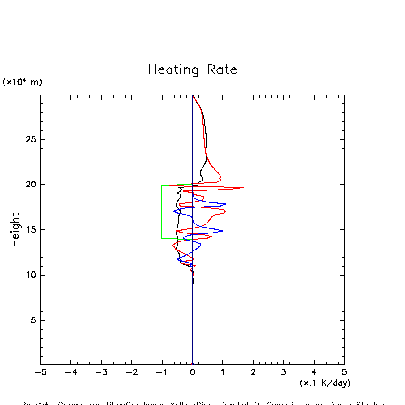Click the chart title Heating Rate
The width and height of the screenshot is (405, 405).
pos(192,70)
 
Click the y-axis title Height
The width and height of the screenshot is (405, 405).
pos(15,230)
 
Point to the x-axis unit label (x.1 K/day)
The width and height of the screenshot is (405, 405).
pos(325,383)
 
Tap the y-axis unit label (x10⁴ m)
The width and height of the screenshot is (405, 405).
pos(22,82)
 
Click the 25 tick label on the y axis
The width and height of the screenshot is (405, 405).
pos(30,139)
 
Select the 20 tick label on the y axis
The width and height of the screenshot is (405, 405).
pos(30,185)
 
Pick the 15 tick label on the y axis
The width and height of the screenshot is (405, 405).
pos(30,230)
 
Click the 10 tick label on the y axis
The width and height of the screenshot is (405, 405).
pos(30,275)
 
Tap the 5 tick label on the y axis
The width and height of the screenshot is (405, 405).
pos(32,320)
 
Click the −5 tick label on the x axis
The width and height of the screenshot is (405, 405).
pos(40,372)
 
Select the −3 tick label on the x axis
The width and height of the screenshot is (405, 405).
pos(101,372)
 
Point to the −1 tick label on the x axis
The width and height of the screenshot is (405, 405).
pos(162,372)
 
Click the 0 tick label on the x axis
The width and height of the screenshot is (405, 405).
pos(192,372)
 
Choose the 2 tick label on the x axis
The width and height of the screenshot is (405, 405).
pos(253,372)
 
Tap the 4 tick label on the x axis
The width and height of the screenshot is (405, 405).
pos(314,372)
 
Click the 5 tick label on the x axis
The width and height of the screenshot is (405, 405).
pos(344,372)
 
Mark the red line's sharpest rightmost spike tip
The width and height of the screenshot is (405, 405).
pos(244,187)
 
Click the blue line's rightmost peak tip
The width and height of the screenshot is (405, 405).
pos(225,204)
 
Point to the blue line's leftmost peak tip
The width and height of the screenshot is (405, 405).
pos(173,211)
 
